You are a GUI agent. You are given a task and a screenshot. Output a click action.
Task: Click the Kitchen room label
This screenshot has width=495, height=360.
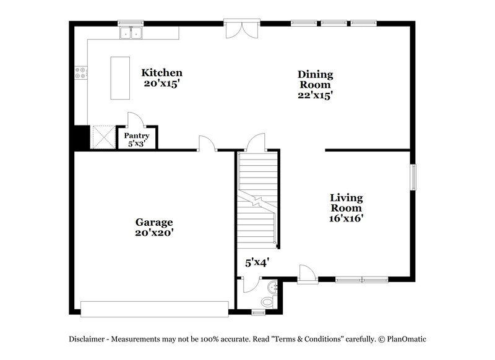click(x=161, y=72)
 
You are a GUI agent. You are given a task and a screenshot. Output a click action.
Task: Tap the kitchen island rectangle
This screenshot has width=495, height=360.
click(x=120, y=78)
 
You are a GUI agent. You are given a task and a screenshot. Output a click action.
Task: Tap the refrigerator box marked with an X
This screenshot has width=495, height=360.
click(x=101, y=135)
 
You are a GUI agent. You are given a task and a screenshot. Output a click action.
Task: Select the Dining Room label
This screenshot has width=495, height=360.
click(x=316, y=80)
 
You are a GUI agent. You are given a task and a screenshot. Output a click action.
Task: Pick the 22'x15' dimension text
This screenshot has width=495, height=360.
click(x=316, y=95)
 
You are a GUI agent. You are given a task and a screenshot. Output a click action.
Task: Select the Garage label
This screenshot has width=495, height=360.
click(x=154, y=222)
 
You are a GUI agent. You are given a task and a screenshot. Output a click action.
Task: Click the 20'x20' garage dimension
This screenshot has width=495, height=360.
click(x=154, y=233)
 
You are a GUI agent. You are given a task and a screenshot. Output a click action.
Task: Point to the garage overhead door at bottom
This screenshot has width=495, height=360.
click(x=155, y=308)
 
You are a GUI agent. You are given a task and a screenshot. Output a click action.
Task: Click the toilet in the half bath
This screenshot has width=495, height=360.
click(x=267, y=301)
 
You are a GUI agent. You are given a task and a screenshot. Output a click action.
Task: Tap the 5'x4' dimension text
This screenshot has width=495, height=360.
click(x=256, y=262)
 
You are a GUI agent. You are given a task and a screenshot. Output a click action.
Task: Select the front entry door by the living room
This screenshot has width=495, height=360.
click(x=306, y=274)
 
